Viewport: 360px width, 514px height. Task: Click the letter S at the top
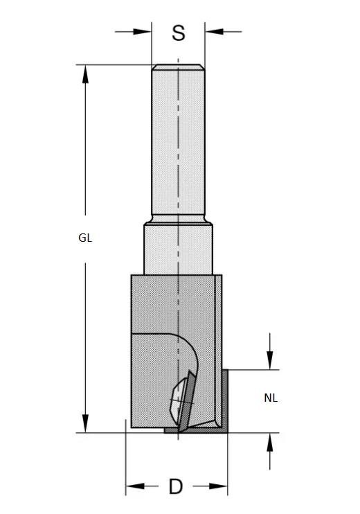point(179,33)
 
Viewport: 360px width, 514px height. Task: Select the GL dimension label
point(85,238)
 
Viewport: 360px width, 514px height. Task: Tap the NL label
point(271,398)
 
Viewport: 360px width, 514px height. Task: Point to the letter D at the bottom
point(176,487)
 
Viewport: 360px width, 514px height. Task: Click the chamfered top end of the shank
point(178,67)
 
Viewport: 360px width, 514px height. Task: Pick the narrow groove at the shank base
point(178,220)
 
